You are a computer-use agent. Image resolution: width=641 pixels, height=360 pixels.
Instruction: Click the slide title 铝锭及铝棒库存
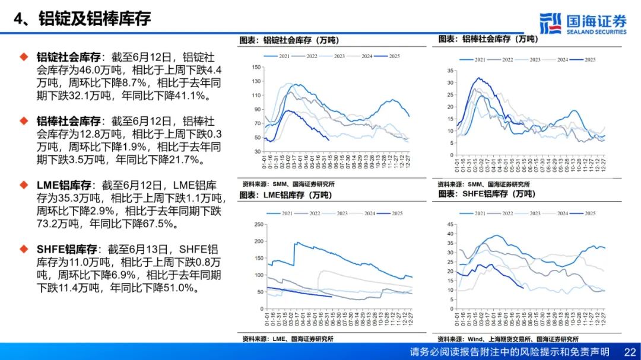tap(94, 18)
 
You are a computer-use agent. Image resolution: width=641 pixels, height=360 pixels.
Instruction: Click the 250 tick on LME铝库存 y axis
tap(257, 224)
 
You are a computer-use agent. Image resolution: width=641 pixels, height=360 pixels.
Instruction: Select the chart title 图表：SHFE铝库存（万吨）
tap(487, 194)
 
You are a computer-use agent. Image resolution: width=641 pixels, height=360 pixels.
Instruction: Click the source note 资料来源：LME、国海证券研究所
tap(288, 339)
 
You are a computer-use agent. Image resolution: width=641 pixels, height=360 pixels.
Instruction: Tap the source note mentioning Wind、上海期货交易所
tap(508, 339)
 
